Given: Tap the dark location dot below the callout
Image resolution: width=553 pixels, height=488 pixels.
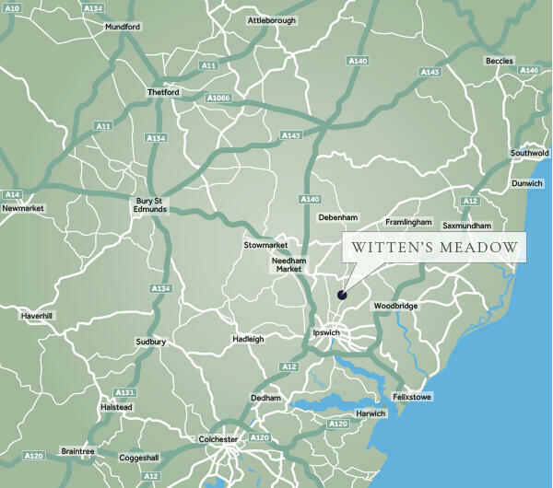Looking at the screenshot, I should pyautogui.click(x=342, y=296).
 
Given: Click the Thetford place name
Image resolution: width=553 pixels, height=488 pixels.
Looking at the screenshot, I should pyautogui.click(x=163, y=93).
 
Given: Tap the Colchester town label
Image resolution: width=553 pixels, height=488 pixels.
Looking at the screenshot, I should pyautogui.click(x=218, y=439).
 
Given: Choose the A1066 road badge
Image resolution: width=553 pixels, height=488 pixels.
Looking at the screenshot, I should pyautogui.click(x=218, y=98).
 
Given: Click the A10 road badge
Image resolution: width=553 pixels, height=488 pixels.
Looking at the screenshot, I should pyautogui.click(x=12, y=7).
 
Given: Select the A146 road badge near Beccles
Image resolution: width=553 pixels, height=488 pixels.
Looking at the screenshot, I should pyautogui.click(x=528, y=71).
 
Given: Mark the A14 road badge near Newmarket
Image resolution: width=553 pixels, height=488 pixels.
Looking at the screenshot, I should pyautogui.click(x=12, y=194).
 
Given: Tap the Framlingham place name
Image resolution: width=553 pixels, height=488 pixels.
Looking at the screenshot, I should pyautogui.click(x=407, y=223).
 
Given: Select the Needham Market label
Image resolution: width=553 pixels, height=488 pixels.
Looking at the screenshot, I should pyautogui.click(x=288, y=265).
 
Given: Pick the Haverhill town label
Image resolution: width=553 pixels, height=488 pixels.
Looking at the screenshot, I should pyautogui.click(x=38, y=316).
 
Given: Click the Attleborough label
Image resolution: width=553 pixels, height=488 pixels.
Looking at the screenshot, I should pyautogui.click(x=274, y=19).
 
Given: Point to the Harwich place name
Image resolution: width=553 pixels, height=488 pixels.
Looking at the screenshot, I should pyautogui.click(x=371, y=413).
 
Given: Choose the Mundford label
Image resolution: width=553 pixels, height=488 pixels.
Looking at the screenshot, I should pyautogui.click(x=122, y=28).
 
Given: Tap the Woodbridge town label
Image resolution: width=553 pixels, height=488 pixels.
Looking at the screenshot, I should pyautogui.click(x=394, y=306).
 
